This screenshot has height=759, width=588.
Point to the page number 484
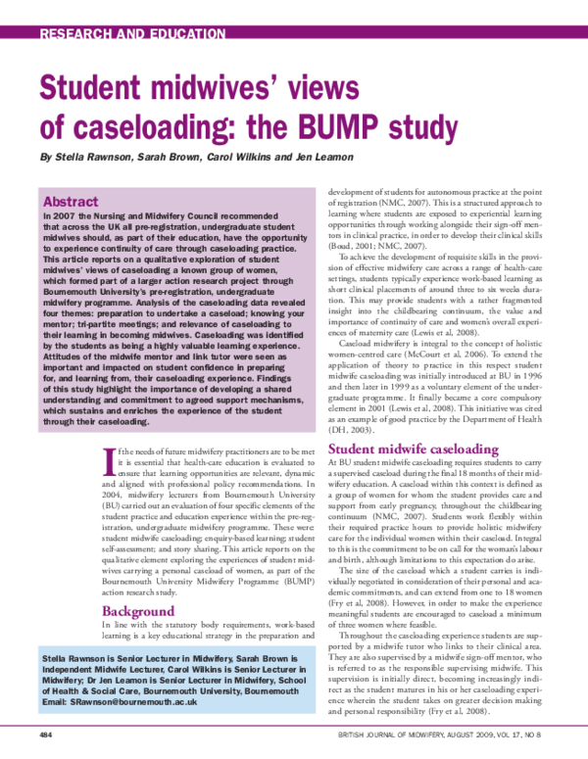[x=45, y=734]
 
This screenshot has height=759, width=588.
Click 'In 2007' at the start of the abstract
[x=59, y=212]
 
